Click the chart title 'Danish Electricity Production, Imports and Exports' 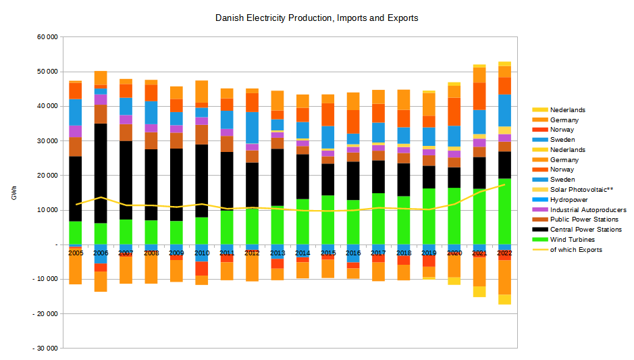tap(317, 18)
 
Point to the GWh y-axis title tap(14, 196)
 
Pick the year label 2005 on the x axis tap(75, 252)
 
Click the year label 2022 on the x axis tap(504, 252)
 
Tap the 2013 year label tap(277, 252)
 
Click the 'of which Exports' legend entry tap(576, 249)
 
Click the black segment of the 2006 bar tap(101, 173)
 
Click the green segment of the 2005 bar tap(75, 232)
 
